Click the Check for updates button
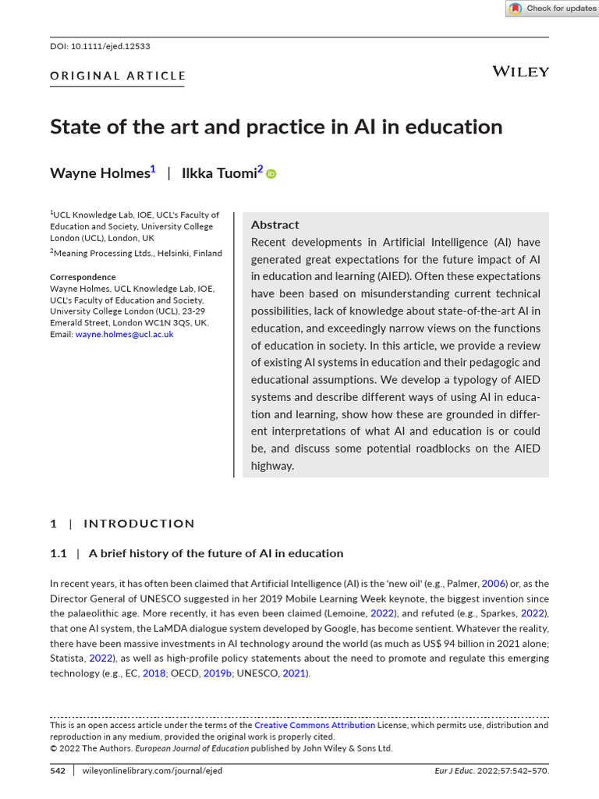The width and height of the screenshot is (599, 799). [552, 9]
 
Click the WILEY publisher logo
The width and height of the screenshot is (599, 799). [520, 72]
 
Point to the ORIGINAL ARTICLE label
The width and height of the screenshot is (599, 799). [118, 76]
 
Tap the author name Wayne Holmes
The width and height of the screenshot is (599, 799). [99, 173]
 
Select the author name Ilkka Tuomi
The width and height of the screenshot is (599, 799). [218, 173]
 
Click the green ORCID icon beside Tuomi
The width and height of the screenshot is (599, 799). [271, 174]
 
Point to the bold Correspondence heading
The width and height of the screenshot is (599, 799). [83, 277]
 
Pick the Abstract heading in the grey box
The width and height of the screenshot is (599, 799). [275, 225]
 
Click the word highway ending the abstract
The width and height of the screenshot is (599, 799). [272, 466]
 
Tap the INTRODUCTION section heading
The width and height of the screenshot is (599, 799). [139, 524]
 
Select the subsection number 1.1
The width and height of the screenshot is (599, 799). [58, 553]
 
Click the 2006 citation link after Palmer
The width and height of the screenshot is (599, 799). [494, 584]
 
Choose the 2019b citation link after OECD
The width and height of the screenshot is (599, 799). [218, 673]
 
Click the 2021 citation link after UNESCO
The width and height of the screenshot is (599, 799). [294, 673]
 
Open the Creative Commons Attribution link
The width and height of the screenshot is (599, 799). [314, 725]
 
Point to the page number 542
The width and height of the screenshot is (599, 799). [58, 770]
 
